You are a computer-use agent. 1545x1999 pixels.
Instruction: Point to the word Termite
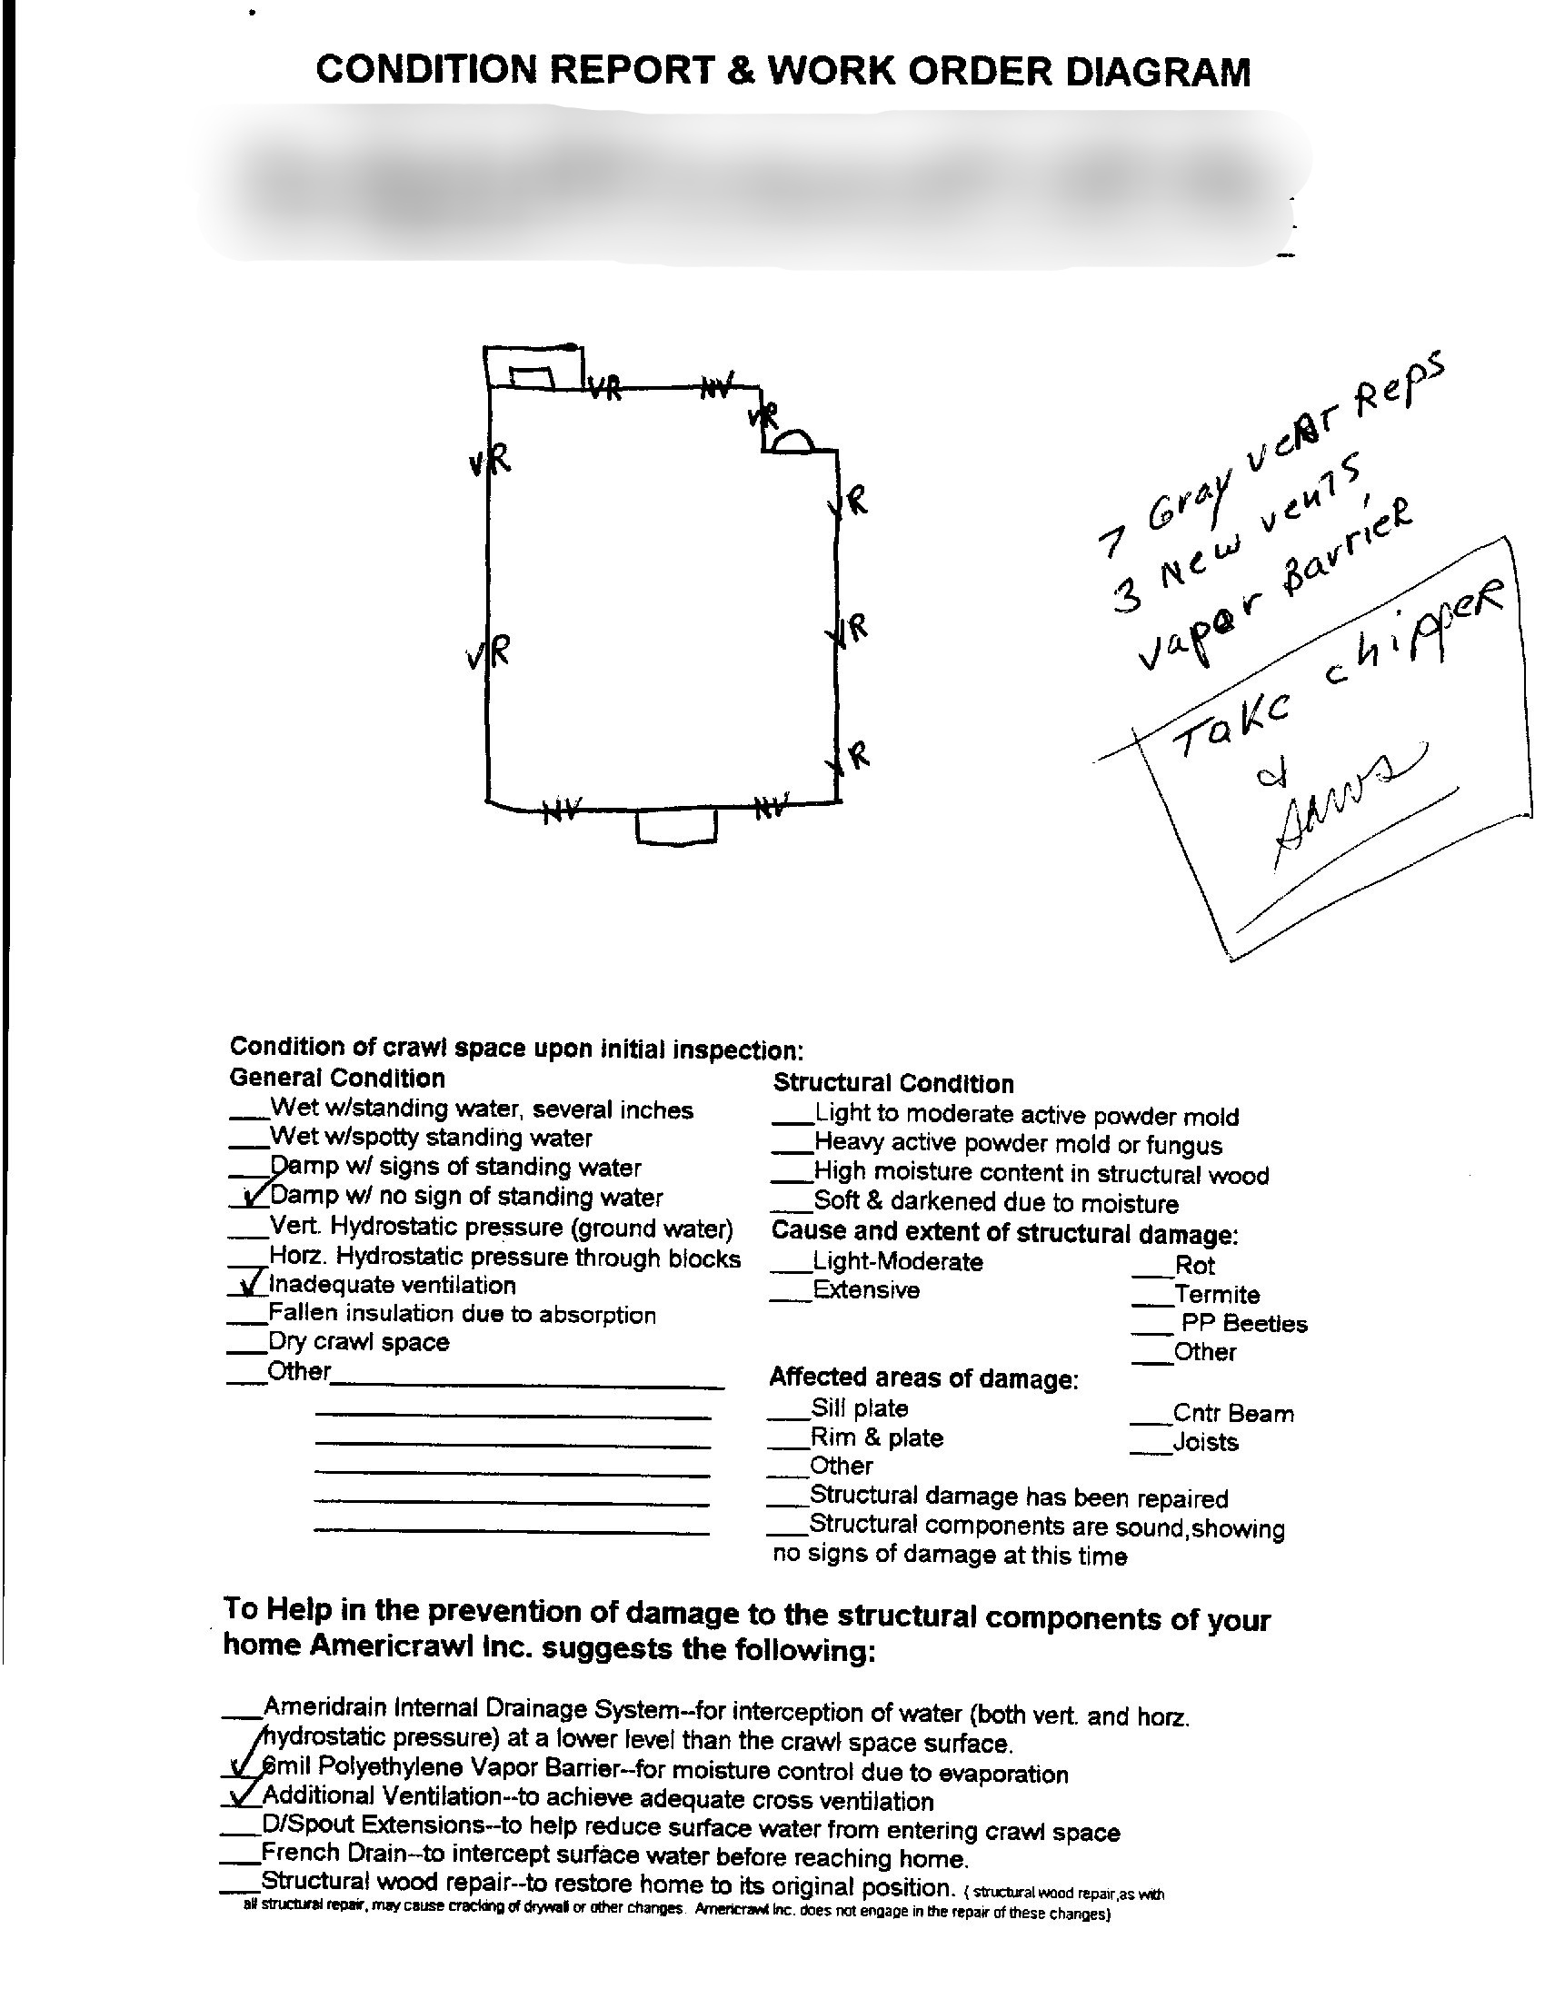click(1216, 1294)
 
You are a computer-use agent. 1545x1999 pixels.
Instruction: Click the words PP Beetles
click(1244, 1324)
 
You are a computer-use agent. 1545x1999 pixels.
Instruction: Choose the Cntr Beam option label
click(1233, 1413)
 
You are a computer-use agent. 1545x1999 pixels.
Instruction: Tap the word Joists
click(1205, 1443)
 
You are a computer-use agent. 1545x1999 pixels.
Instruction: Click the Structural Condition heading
click(893, 1084)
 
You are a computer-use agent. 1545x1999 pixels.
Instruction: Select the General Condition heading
click(337, 1078)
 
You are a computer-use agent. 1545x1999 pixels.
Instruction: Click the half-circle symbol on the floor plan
click(792, 443)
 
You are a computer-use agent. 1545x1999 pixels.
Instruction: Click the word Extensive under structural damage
click(866, 1290)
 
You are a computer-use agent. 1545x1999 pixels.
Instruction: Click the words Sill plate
click(860, 1408)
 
